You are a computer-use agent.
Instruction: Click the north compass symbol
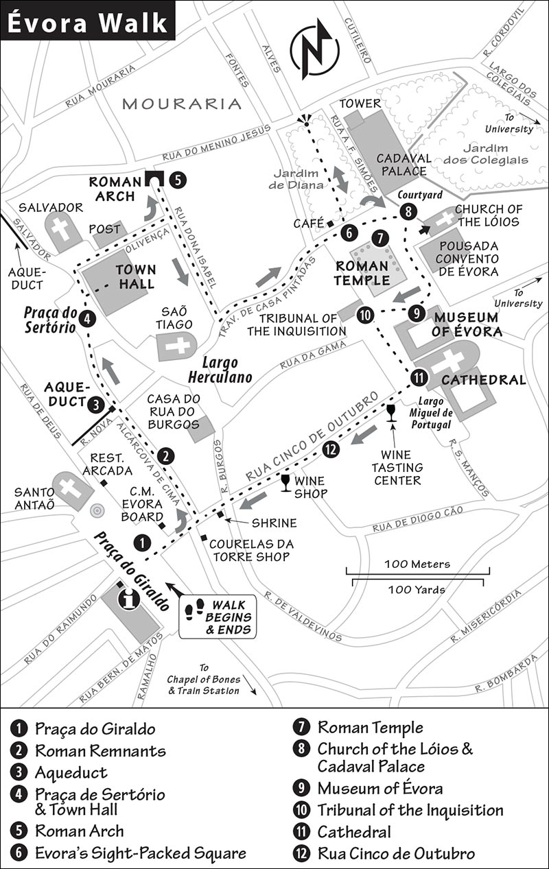[x=314, y=49]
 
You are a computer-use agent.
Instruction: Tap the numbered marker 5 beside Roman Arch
[x=178, y=180]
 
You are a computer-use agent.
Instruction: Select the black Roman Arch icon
[x=154, y=178]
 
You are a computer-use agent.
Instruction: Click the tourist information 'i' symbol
[x=129, y=600]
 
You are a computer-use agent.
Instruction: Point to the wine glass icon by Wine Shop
[x=285, y=483]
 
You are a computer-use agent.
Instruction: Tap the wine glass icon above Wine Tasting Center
[x=391, y=413]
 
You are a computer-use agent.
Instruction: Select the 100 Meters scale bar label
[x=417, y=564]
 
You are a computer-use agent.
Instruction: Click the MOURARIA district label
[x=182, y=104]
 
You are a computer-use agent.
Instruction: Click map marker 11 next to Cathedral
[x=419, y=377]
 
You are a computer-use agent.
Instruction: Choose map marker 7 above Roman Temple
[x=380, y=238]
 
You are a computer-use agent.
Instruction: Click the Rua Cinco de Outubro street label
[x=312, y=436]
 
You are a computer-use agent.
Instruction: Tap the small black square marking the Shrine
[x=220, y=514]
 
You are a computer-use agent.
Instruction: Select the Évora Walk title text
[x=87, y=23]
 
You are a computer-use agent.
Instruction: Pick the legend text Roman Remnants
[x=101, y=750]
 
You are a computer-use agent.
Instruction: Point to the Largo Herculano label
[x=220, y=370]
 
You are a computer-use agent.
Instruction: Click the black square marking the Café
[x=330, y=224]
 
